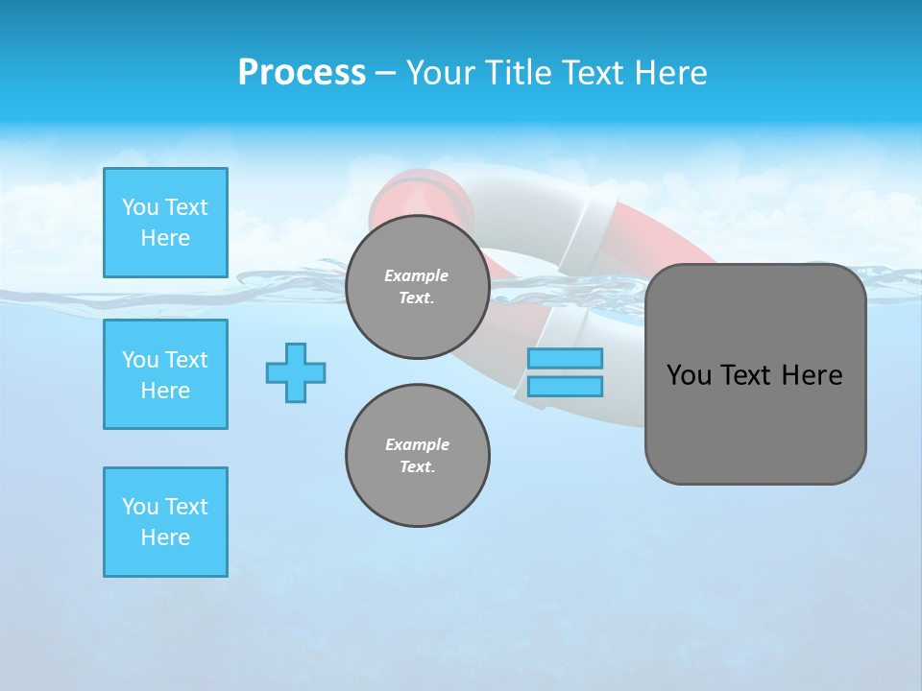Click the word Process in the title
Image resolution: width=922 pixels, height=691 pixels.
point(302,73)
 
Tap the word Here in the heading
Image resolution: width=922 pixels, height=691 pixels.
point(668,73)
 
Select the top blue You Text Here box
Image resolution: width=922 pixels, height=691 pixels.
point(165,223)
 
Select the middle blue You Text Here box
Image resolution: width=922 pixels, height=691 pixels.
point(165,374)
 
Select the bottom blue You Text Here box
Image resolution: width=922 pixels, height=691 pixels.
point(165,522)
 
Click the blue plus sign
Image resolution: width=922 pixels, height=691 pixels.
point(296,372)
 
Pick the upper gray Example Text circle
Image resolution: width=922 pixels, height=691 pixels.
point(417,287)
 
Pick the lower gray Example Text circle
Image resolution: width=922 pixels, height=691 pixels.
point(417,456)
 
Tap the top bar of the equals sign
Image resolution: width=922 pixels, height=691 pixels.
point(565,358)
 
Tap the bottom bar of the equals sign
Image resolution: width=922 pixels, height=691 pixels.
point(565,386)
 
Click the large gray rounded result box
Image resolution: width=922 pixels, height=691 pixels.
point(755,422)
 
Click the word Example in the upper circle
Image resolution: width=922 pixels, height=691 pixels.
point(417,275)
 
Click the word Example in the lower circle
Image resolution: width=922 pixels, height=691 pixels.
point(417,444)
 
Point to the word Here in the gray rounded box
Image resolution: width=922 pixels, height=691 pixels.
point(813,375)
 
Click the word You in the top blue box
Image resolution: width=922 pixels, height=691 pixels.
point(139,207)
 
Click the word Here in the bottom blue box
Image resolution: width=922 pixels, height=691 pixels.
point(165,537)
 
